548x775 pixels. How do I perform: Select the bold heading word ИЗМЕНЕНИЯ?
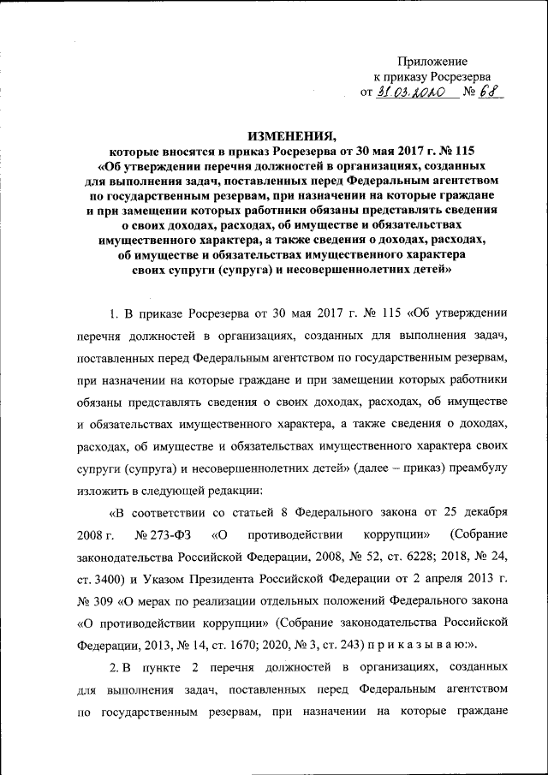(x=290, y=135)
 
